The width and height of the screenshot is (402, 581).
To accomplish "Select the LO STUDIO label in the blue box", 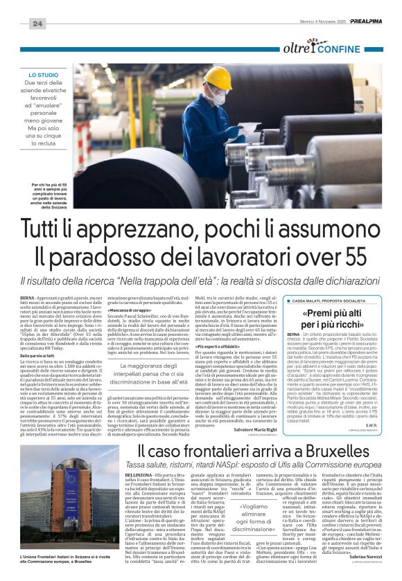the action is coord(43,73).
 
